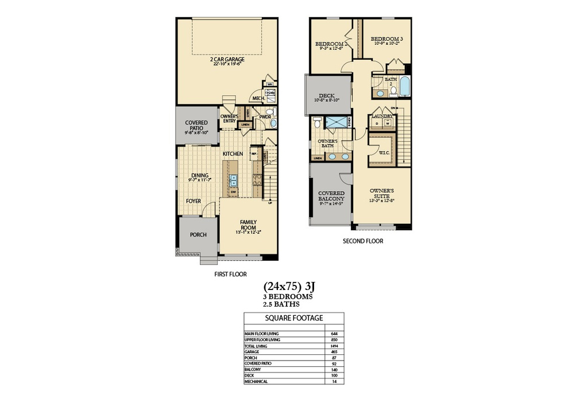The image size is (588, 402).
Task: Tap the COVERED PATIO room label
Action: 196,126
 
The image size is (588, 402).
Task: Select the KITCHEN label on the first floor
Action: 233,154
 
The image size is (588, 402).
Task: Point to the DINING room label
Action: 199,176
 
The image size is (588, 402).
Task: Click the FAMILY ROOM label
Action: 248,225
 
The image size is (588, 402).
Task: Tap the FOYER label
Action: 194,201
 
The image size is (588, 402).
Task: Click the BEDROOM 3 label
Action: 386,39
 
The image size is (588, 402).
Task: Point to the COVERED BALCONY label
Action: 331,196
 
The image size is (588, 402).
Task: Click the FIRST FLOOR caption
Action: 230,275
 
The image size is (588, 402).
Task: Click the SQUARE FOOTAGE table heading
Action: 293,318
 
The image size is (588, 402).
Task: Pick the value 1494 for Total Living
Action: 334,346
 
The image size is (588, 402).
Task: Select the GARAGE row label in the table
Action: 253,351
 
